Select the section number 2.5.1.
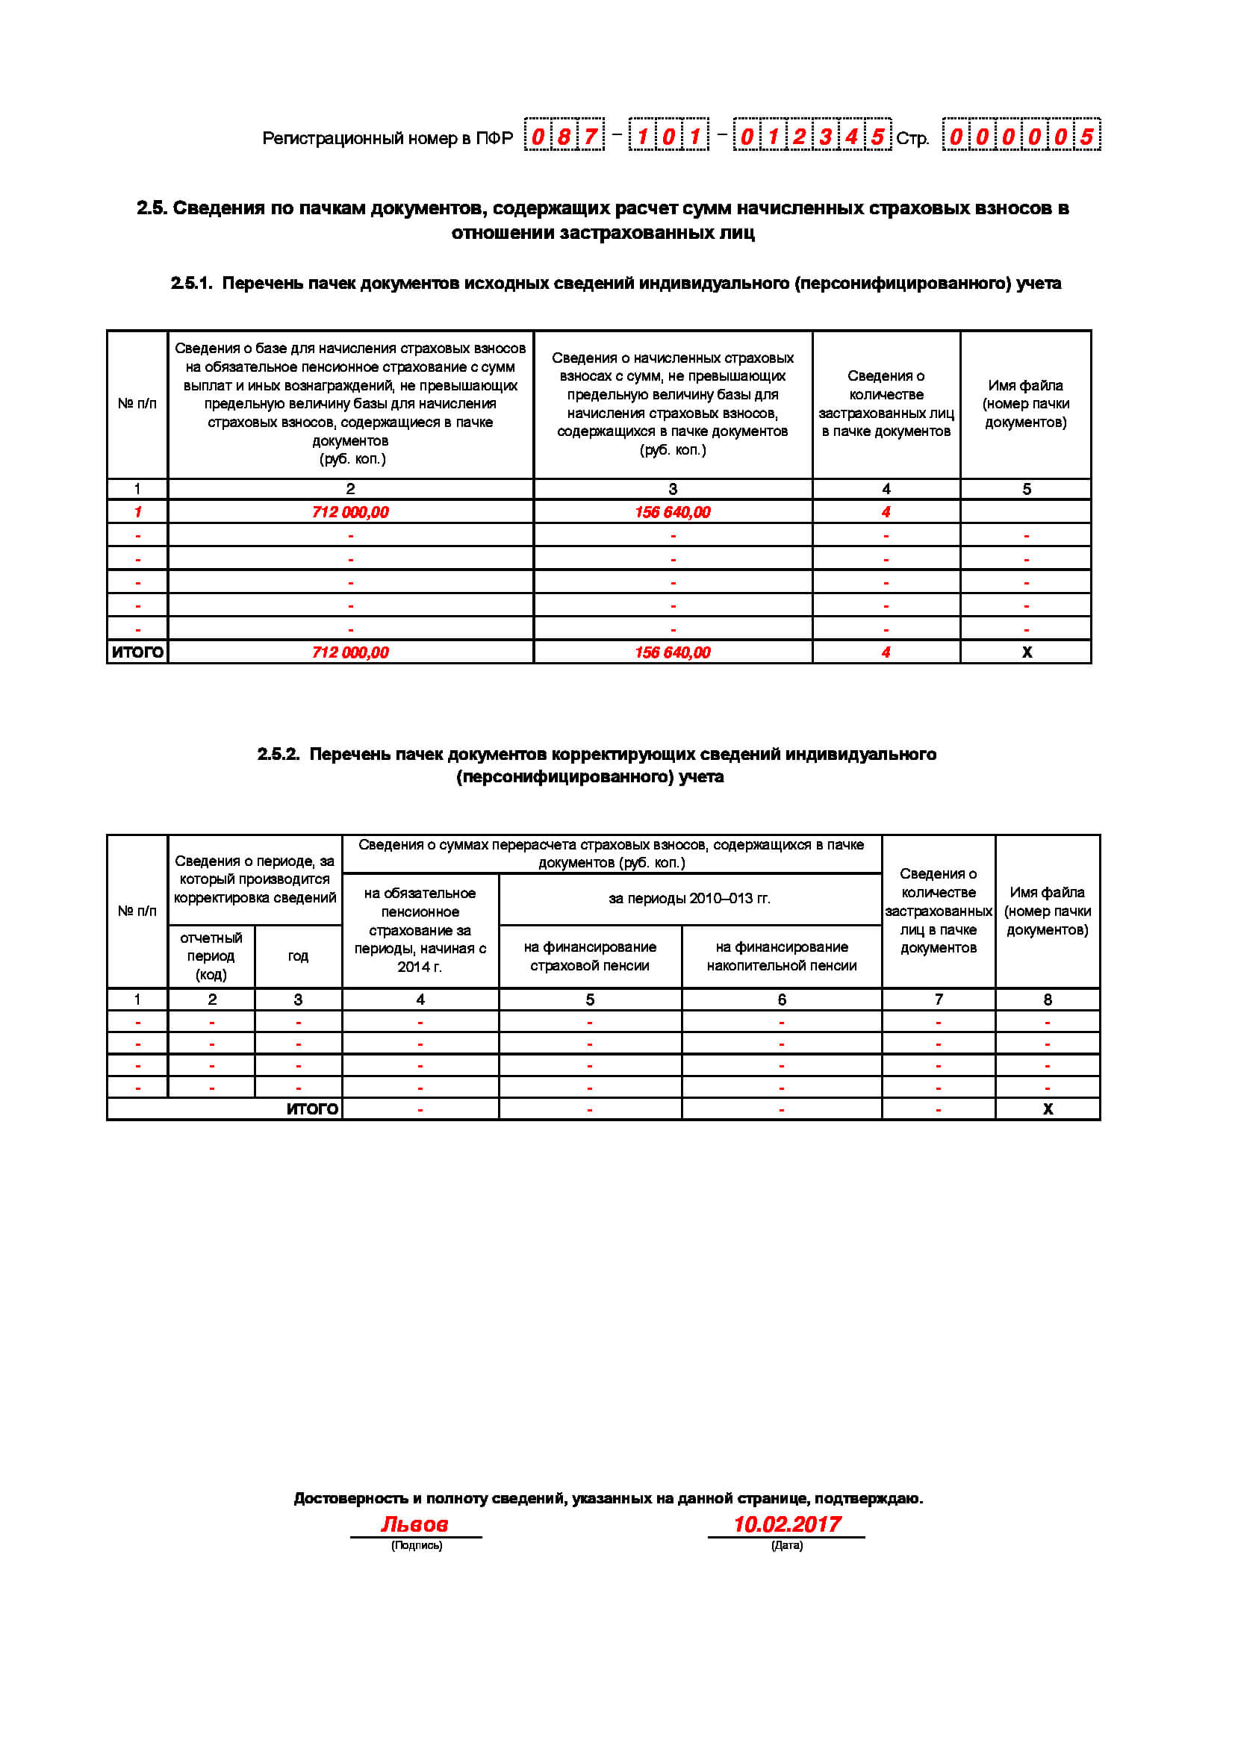coord(191,284)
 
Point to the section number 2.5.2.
coord(278,755)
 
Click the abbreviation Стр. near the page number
coord(912,138)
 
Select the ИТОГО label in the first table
coord(137,652)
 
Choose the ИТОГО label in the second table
coord(312,1109)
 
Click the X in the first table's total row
coord(1027,652)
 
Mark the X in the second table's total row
coord(1048,1109)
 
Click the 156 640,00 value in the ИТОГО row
coord(672,652)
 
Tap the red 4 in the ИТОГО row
coord(886,652)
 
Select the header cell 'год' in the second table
coord(298,956)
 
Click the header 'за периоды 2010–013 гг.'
coord(689,898)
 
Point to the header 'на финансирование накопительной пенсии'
coord(781,956)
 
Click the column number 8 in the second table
coord(1047,1000)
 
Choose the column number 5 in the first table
coord(1027,489)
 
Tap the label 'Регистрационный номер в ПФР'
coord(387,138)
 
